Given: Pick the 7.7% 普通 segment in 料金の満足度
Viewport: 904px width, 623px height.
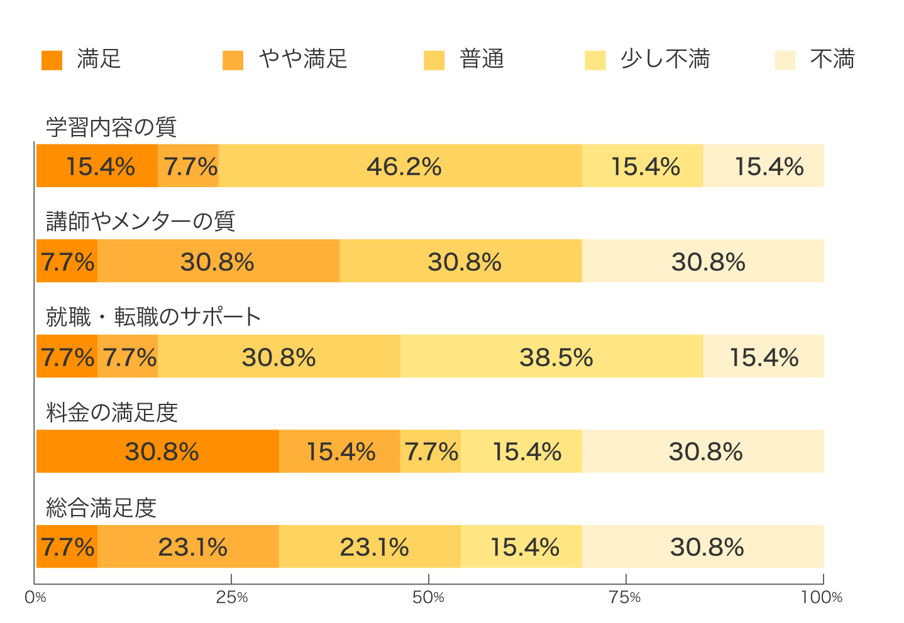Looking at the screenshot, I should pos(431,452).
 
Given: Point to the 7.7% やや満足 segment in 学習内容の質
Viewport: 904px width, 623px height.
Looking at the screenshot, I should pos(189,166).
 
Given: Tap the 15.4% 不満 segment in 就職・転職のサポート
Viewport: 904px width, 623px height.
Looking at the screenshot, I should pos(763,357).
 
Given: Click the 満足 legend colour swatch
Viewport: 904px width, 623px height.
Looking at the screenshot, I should pos(52,60).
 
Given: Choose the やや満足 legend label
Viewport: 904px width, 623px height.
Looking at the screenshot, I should pos(303,59).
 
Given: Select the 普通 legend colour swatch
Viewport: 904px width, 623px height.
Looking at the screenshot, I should pos(434,60).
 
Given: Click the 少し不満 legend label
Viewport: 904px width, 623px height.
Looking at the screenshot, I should pos(665,59).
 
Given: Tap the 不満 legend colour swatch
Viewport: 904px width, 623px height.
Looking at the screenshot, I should pos(785,60).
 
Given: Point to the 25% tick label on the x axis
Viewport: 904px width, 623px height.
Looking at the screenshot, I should pos(232,597).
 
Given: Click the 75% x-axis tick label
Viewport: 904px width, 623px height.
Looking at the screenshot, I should pos(626,597).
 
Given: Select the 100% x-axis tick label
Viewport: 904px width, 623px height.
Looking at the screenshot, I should pos(822,597).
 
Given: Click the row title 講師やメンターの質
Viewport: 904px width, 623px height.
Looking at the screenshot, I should pos(141,221).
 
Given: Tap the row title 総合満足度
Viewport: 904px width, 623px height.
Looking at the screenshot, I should pos(101,507).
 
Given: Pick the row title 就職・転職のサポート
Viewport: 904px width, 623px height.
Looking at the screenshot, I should pos(153,317).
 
